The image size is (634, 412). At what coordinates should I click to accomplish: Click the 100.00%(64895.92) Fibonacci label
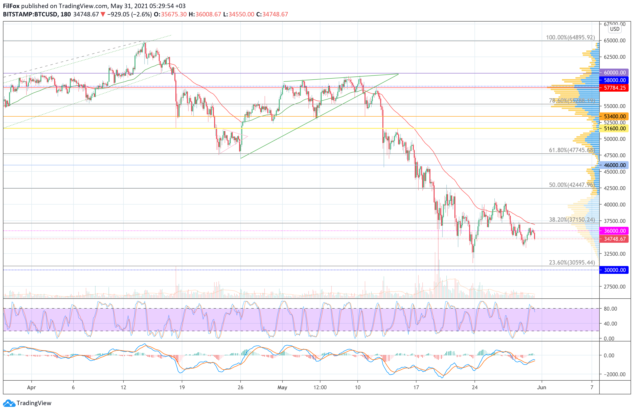pos(570,37)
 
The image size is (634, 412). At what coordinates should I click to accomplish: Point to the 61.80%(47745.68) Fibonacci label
pos(572,150)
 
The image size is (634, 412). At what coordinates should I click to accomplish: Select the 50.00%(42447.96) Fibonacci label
pos(572,185)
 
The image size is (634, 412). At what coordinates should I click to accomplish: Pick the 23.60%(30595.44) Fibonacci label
pos(572,263)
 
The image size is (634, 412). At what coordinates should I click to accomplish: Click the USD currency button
pos(615,29)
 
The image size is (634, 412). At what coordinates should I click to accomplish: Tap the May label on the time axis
pos(282,388)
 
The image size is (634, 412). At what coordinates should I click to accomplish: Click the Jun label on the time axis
pos(542,388)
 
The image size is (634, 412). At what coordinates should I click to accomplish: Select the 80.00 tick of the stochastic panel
pos(610,309)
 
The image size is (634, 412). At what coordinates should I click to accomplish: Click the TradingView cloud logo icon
pos(9,403)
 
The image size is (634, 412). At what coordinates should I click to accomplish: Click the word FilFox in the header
pos(11,6)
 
